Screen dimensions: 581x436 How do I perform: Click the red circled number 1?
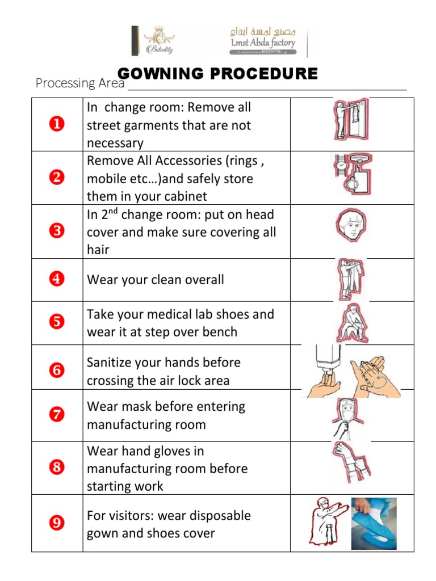click(57, 124)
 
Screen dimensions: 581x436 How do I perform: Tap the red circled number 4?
click(57, 279)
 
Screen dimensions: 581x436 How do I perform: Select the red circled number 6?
click(57, 371)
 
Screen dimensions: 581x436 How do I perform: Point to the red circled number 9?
click(57, 523)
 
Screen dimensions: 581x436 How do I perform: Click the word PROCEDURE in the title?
click(272, 74)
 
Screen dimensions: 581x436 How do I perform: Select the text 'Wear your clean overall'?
click(155, 280)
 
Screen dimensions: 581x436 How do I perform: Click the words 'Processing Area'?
click(79, 83)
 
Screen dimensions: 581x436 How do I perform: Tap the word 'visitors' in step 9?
click(133, 516)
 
